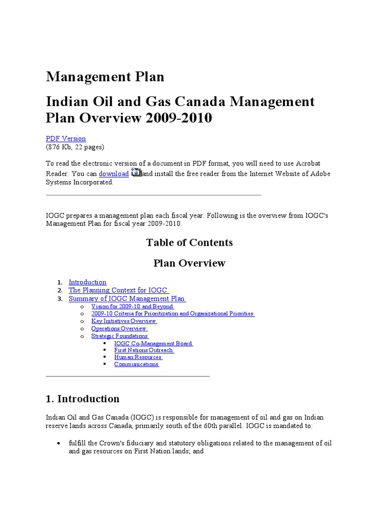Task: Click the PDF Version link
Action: pos(66,139)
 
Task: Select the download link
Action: pos(114,174)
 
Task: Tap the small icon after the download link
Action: pos(136,173)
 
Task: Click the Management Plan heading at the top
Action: pos(105,77)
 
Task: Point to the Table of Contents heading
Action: pos(189,242)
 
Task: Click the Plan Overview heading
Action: pos(189,263)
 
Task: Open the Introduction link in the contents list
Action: pos(87,282)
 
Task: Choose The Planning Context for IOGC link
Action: pos(118,290)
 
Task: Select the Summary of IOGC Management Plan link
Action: pos(127,298)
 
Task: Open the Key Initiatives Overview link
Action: pos(124,321)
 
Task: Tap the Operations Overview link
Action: pos(119,328)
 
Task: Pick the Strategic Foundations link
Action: pos(119,336)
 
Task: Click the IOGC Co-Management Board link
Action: pos(153,343)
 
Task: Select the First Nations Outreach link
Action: pos(144,350)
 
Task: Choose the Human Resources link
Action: pos(138,357)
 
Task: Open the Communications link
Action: pos(136,364)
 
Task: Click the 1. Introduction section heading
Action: pos(82,398)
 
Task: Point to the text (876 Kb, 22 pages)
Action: pos(75,147)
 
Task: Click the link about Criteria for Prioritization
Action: pos(173,314)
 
